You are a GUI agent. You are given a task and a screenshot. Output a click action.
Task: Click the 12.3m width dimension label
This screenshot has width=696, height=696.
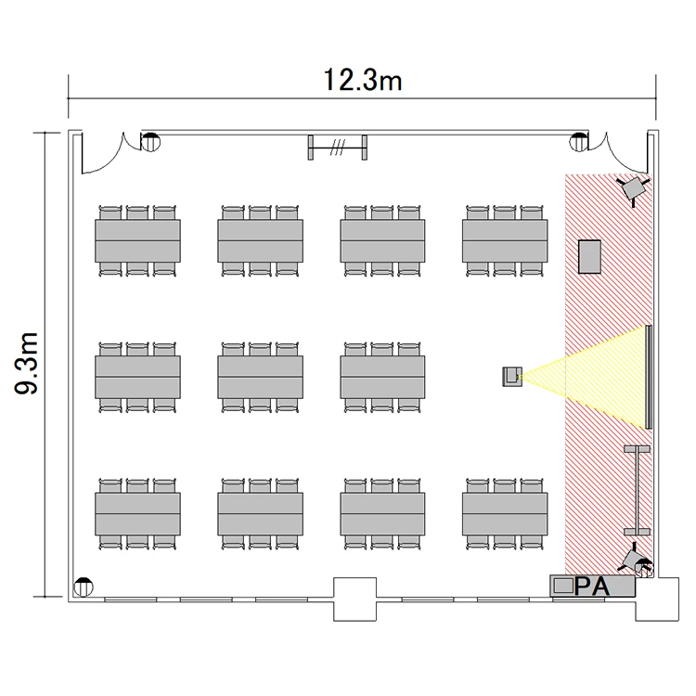tap(363, 81)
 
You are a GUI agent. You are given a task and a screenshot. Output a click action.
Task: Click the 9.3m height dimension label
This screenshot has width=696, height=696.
tap(26, 363)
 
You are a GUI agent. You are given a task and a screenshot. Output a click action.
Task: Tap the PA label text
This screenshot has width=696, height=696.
tap(592, 586)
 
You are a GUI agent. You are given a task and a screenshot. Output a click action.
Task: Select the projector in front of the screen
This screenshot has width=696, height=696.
tap(512, 377)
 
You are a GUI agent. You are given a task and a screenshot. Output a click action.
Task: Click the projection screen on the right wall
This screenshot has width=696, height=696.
tap(649, 377)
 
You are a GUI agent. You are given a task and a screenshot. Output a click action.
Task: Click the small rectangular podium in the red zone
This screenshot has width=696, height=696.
tap(589, 256)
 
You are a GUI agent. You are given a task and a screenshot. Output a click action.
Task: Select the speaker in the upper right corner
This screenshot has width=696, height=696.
tap(634, 188)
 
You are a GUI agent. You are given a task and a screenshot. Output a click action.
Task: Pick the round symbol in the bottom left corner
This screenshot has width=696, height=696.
tap(83, 587)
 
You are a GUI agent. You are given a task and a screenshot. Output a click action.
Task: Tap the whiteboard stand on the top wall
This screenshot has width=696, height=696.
tap(338, 148)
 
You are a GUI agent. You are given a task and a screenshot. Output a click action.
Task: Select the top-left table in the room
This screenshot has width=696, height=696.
tap(137, 240)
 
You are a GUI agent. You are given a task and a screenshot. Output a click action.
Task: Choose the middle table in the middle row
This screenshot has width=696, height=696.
tap(260, 377)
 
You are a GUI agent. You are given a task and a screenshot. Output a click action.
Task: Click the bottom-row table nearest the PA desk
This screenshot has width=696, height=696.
tap(505, 513)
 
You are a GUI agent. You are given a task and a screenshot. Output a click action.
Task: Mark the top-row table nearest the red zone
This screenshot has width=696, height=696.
tap(505, 240)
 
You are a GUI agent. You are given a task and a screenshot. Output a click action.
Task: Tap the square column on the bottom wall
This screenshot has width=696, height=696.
tap(354, 599)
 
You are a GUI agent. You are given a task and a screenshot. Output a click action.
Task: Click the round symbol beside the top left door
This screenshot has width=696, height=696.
tap(150, 142)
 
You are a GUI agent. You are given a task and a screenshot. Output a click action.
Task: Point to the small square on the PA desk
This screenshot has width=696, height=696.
tap(563, 586)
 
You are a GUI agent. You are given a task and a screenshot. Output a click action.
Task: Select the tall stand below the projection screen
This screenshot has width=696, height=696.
tap(637, 491)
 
